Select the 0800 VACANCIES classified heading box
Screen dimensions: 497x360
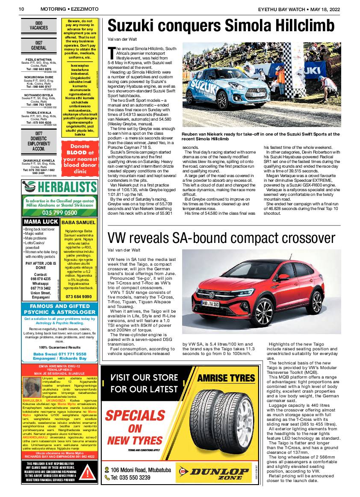pyautogui.click(x=39, y=26)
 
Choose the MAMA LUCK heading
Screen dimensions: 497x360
pyautogui.click(x=41, y=222)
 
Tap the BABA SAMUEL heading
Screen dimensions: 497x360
pyautogui.click(x=79, y=223)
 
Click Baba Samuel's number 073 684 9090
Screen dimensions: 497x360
pyautogui.click(x=79, y=296)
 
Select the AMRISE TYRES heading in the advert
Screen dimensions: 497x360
pyautogui.click(x=226, y=379)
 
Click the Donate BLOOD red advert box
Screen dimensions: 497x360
pyautogui.click(x=80, y=158)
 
